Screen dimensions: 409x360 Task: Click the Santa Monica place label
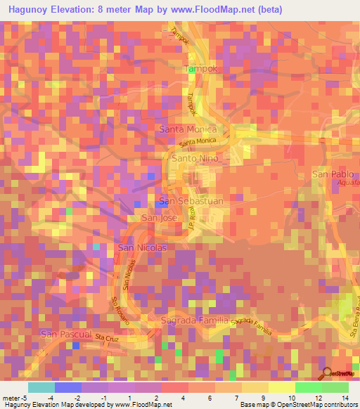coord(189,130)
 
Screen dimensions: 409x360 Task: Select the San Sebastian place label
coord(191,201)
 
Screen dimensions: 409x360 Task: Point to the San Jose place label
coord(160,219)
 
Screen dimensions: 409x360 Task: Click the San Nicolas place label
coord(143,248)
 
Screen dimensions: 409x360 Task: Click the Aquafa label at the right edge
coord(348,181)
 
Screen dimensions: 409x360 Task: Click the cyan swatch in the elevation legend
coord(41,387)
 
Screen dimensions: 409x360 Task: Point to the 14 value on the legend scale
coord(345,398)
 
